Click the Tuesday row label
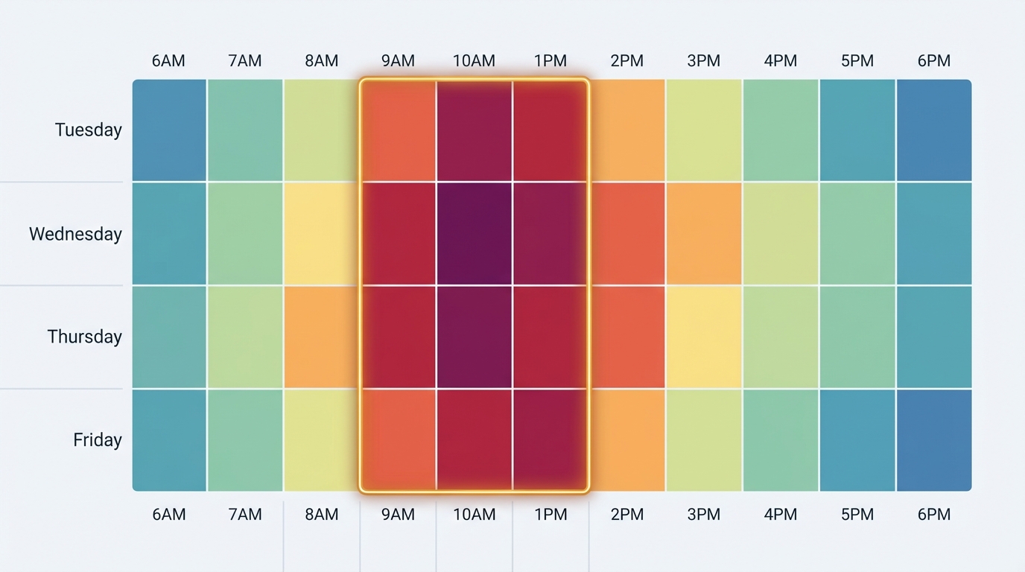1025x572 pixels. coord(88,130)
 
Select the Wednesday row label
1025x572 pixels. coord(75,234)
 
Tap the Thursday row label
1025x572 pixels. coord(84,337)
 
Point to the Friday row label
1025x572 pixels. coord(97,439)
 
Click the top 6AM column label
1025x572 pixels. coord(168,61)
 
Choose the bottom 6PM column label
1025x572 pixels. coord(933,514)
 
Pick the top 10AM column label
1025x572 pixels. coord(474,61)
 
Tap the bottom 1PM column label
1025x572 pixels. coord(550,514)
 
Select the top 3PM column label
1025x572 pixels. coord(703,61)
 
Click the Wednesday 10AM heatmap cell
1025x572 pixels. coord(475,234)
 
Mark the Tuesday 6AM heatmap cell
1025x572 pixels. coord(169,130)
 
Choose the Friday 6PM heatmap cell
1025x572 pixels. coord(934,439)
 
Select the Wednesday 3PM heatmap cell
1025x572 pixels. coord(704,234)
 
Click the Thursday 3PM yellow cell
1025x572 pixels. coord(704,337)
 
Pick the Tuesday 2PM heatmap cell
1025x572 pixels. coord(627,130)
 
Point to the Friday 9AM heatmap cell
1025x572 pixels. coord(399,439)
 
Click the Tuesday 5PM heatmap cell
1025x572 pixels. coord(857,130)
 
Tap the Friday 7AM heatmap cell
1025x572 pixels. coord(245,439)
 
